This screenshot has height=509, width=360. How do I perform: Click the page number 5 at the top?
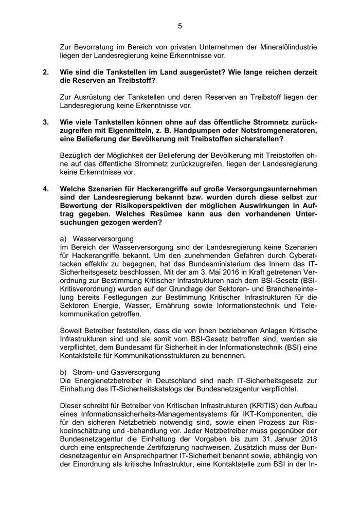(x=180, y=26)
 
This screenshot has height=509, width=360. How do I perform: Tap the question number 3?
(x=46, y=122)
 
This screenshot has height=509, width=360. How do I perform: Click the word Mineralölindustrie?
(x=287, y=47)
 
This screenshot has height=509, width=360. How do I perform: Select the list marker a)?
(x=64, y=239)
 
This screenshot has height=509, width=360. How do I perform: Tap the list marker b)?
(x=64, y=372)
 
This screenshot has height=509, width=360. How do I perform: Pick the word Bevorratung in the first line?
(x=90, y=47)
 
